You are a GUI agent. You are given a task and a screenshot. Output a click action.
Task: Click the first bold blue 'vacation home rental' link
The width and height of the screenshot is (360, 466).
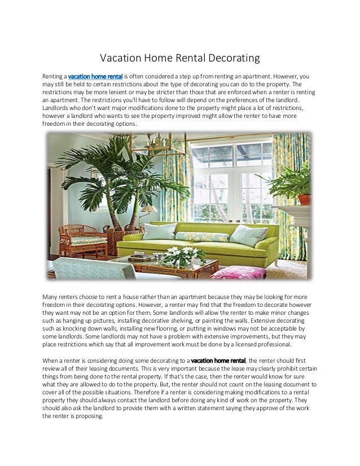[x=95, y=76]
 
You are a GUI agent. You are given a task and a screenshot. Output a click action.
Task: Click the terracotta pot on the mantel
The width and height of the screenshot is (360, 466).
[x=304, y=199]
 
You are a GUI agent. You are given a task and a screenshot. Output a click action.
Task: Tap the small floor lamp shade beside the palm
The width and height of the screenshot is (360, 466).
[x=148, y=210]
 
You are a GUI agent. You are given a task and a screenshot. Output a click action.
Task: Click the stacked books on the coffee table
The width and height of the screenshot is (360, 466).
[x=139, y=258]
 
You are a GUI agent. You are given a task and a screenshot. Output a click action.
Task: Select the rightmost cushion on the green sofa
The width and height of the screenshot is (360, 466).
[x=248, y=235]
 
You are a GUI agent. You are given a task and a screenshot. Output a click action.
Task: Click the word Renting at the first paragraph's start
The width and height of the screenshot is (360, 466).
[x=54, y=76]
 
